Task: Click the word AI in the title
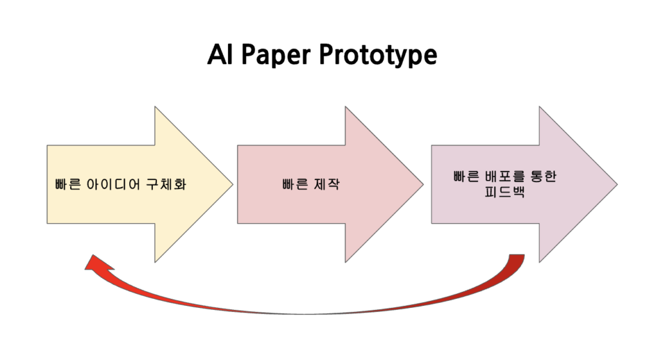point(220,54)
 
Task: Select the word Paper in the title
point(276,56)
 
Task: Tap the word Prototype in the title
point(378,56)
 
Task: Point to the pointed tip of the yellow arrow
point(233,184)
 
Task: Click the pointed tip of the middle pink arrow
point(423,184)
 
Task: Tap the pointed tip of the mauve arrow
point(618,184)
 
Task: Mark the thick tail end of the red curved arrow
point(517,255)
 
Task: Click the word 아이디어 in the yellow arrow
point(113,184)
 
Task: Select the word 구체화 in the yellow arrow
point(166,184)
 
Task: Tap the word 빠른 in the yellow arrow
point(67,184)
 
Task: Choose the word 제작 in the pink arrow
point(327,184)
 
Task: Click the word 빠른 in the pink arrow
point(295,184)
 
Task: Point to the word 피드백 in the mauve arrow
point(504,192)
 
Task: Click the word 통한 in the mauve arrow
point(544,176)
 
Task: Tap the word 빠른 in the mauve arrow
point(467,176)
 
